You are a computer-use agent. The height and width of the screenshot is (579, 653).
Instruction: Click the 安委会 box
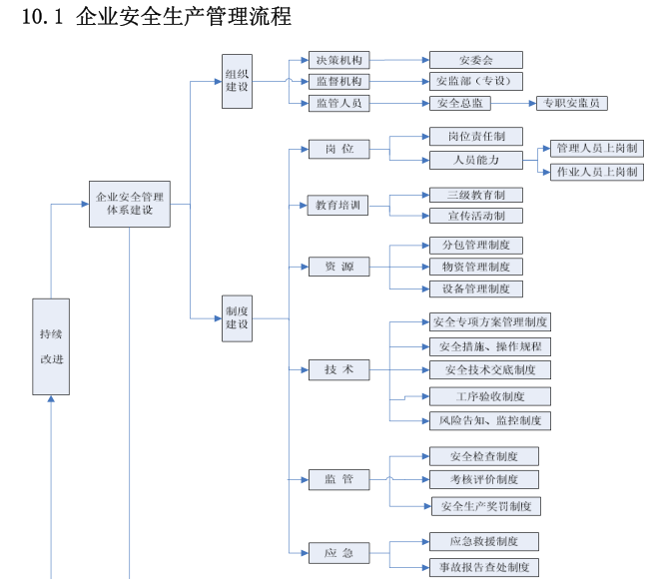click(x=475, y=60)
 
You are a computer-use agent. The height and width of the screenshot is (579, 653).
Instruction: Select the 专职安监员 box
click(x=573, y=103)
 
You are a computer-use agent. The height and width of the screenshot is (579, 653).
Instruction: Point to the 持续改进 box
click(x=51, y=346)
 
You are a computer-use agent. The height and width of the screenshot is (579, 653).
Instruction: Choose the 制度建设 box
click(x=238, y=317)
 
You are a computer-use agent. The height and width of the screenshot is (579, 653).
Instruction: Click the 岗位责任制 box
click(x=475, y=137)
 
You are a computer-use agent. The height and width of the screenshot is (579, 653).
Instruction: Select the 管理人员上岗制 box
click(x=596, y=149)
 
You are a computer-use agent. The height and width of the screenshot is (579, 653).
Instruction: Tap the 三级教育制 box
click(x=475, y=195)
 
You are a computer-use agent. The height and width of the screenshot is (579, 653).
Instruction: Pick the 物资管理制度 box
click(x=475, y=267)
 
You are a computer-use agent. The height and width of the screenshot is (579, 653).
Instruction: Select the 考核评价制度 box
click(x=484, y=480)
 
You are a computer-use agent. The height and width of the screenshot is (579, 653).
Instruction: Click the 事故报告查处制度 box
click(x=484, y=567)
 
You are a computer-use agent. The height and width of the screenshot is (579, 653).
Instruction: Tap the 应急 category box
click(x=338, y=552)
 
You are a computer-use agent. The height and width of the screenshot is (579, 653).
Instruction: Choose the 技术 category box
click(x=338, y=369)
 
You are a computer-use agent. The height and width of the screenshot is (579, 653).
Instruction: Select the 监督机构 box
click(x=338, y=81)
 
